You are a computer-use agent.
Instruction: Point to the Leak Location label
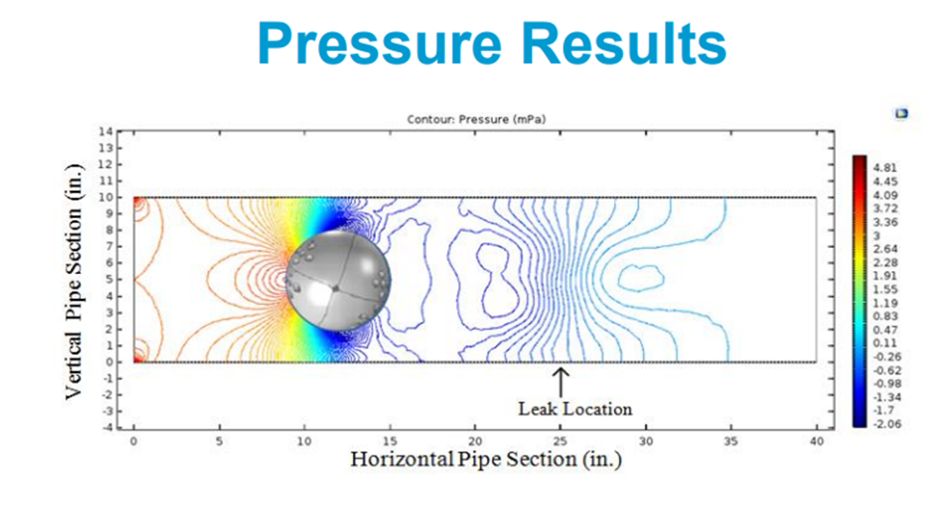click(x=575, y=408)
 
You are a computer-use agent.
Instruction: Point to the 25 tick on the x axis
click(x=560, y=440)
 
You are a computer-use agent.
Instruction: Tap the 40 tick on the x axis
click(x=817, y=440)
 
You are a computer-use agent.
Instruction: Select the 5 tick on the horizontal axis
click(x=219, y=440)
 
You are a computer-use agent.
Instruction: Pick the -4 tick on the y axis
click(x=106, y=426)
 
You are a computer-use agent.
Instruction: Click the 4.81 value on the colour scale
click(x=885, y=167)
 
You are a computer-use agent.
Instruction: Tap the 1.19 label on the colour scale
click(x=885, y=302)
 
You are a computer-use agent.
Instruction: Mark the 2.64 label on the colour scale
click(x=885, y=248)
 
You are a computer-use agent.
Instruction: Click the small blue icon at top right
click(x=901, y=114)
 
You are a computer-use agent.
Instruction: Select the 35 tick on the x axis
click(x=731, y=440)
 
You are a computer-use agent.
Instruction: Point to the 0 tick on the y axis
click(x=109, y=362)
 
